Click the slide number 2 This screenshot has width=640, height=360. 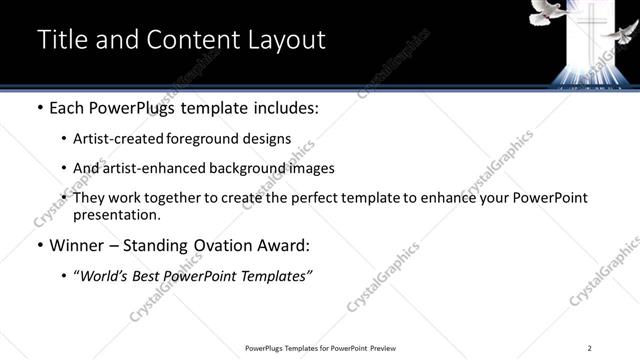[590, 347]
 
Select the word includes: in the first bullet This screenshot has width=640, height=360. [281, 107]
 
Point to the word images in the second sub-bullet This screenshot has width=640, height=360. [312, 168]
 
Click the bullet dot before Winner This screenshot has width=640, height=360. [39, 244]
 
